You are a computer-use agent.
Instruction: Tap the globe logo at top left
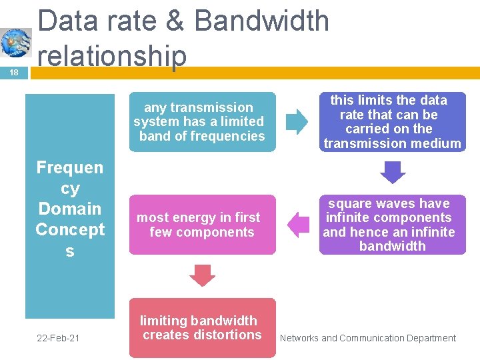click(x=15, y=43)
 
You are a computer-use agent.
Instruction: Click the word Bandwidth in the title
click(x=261, y=21)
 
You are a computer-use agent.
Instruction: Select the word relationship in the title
click(x=112, y=55)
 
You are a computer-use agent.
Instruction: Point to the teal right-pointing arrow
click(x=297, y=121)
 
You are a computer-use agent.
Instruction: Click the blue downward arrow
click(x=393, y=173)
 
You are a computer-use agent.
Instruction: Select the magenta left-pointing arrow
click(x=299, y=225)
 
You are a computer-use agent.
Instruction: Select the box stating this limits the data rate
click(x=392, y=121)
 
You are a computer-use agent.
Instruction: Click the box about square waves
click(x=392, y=225)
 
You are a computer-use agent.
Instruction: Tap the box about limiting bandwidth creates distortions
click(x=201, y=328)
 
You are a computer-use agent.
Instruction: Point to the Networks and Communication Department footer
click(x=368, y=339)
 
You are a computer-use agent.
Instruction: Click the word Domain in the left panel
click(x=70, y=209)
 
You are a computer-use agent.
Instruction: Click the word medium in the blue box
click(x=437, y=143)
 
